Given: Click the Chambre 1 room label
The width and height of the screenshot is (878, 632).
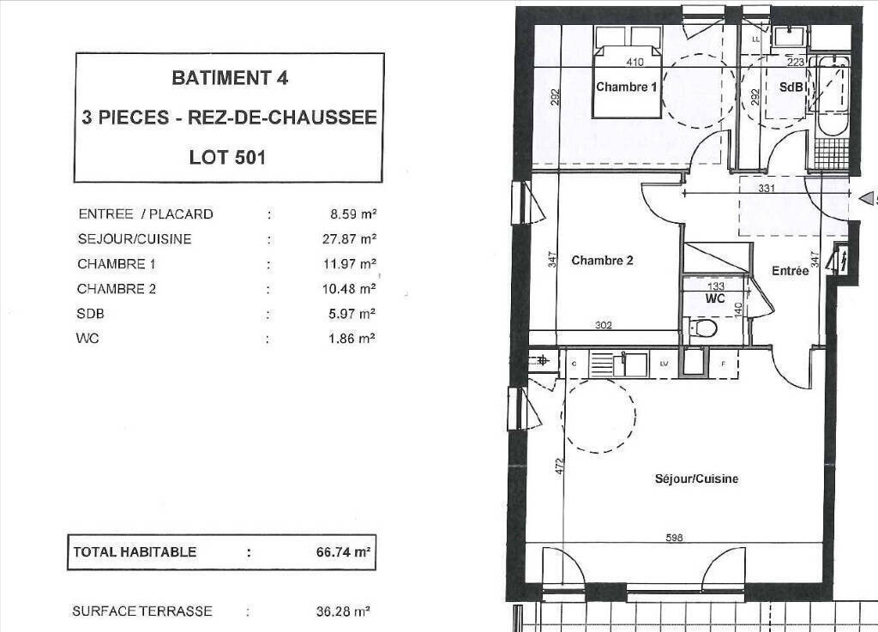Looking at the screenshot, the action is pos(626,87).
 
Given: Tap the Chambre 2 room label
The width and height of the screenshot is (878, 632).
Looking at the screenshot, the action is pos(602,261).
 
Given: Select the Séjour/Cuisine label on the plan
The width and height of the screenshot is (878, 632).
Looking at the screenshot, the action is pos(696,479).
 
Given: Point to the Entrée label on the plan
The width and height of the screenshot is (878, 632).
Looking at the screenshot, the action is pos(790,271).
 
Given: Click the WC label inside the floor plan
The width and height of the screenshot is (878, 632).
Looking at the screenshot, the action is pos(715,298).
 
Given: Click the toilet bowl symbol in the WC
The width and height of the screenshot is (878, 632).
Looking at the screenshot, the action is pos(703,328).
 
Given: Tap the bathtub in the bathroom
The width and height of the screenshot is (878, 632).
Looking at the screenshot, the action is pos(833,96).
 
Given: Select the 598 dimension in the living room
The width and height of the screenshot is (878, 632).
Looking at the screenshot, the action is pos(674,538).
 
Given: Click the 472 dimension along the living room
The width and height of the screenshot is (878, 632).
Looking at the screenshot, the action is pos(558,466).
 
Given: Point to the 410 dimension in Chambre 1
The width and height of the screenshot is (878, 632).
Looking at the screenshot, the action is pos(634,62).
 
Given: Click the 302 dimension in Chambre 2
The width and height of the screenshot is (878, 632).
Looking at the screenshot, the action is pos(603,325).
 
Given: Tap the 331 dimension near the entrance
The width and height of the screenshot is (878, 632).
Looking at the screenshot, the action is pos(767,188).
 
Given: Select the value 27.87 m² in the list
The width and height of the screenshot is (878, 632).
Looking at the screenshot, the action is pos(349,239).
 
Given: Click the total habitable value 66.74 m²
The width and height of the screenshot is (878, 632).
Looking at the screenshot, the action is pos(343,552).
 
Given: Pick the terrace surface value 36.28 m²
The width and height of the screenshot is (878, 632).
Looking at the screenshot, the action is pos(343,611).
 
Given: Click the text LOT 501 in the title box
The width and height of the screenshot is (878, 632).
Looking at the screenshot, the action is pos(227,157).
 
